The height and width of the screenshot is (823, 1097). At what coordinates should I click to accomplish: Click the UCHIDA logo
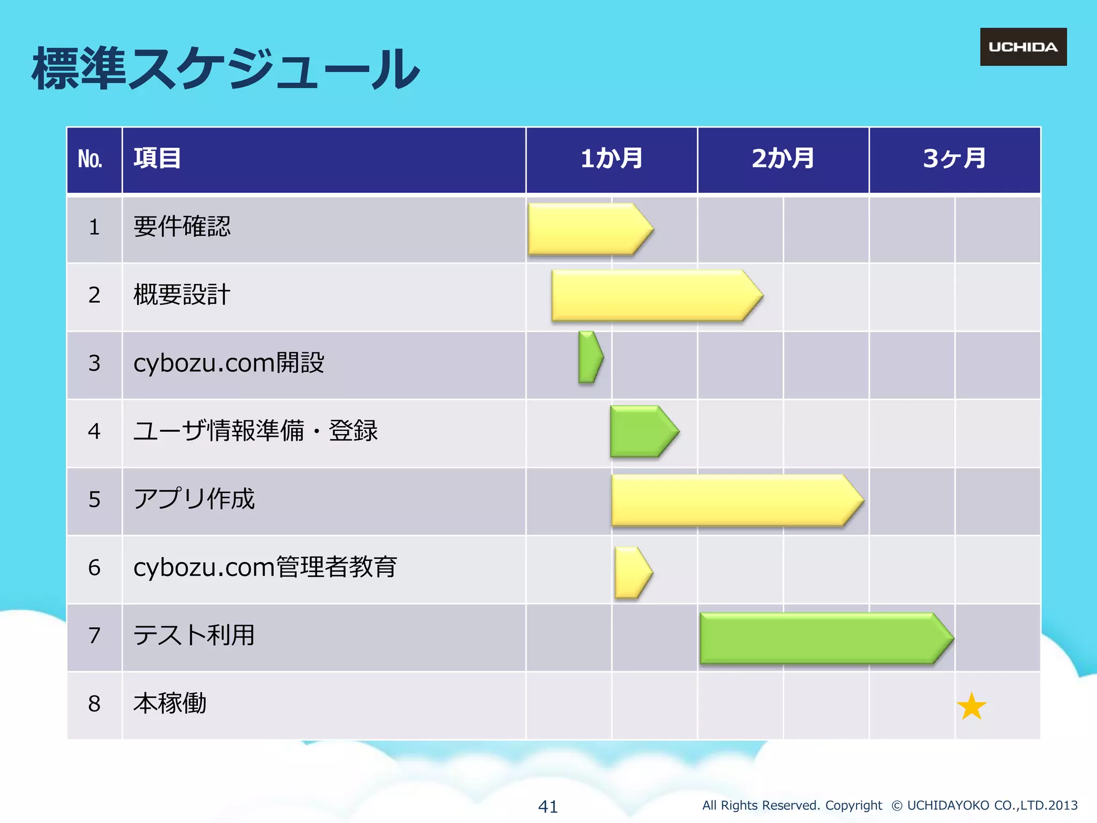coord(1023,47)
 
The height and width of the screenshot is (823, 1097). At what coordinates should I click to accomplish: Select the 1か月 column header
coord(612,159)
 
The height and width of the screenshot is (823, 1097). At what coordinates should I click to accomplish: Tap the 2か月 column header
coord(783,159)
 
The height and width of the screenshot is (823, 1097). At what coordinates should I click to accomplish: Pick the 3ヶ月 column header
coord(954,159)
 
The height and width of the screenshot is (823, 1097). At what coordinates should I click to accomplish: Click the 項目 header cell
coord(157,159)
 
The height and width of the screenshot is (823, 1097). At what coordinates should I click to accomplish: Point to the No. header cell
coord(91,160)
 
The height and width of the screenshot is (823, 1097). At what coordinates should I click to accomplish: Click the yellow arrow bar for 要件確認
coord(587,229)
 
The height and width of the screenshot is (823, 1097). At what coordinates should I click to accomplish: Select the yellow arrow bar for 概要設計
coord(653,296)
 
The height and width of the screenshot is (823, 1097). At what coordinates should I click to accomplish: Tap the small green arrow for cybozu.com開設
coord(589,357)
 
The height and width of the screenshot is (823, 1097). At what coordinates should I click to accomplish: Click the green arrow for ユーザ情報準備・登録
coord(641,431)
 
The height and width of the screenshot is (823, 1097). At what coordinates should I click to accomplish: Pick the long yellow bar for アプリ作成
coord(734,500)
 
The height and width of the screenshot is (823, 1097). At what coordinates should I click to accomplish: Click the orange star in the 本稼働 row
coord(971,707)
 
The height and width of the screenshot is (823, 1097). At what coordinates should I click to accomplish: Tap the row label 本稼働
coord(170,704)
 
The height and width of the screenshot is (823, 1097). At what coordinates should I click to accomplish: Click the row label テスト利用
coord(194,635)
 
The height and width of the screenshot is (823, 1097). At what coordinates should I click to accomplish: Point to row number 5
coord(94,499)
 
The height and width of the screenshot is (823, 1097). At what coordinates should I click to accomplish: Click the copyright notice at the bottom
coord(889,805)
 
